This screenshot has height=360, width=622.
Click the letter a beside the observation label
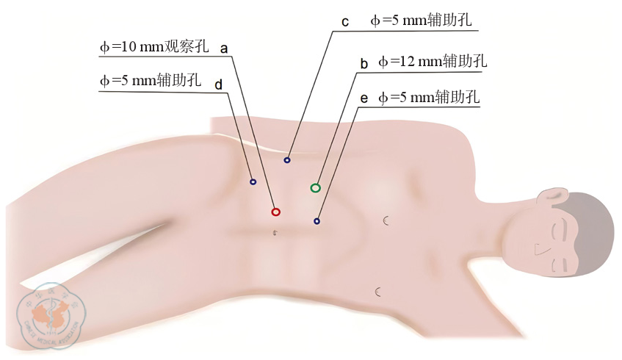pyautogui.click(x=224, y=48)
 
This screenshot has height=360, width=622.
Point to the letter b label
pyautogui.click(x=364, y=63)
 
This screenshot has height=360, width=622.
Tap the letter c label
pyautogui.click(x=345, y=22)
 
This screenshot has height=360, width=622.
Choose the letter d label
pyautogui.click(x=219, y=84)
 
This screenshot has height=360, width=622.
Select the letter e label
pyautogui.click(x=364, y=98)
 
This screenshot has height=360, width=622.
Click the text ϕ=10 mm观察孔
pyautogui.click(x=154, y=46)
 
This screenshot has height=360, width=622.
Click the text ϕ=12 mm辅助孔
pyautogui.click(x=433, y=61)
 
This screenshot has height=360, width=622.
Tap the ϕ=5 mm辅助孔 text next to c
pyautogui.click(x=421, y=20)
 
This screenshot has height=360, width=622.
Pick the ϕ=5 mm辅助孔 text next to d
pyautogui.click(x=151, y=80)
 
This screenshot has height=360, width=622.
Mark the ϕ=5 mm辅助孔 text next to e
pyautogui.click(x=429, y=97)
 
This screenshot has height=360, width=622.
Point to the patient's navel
pyautogui.click(x=275, y=233)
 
